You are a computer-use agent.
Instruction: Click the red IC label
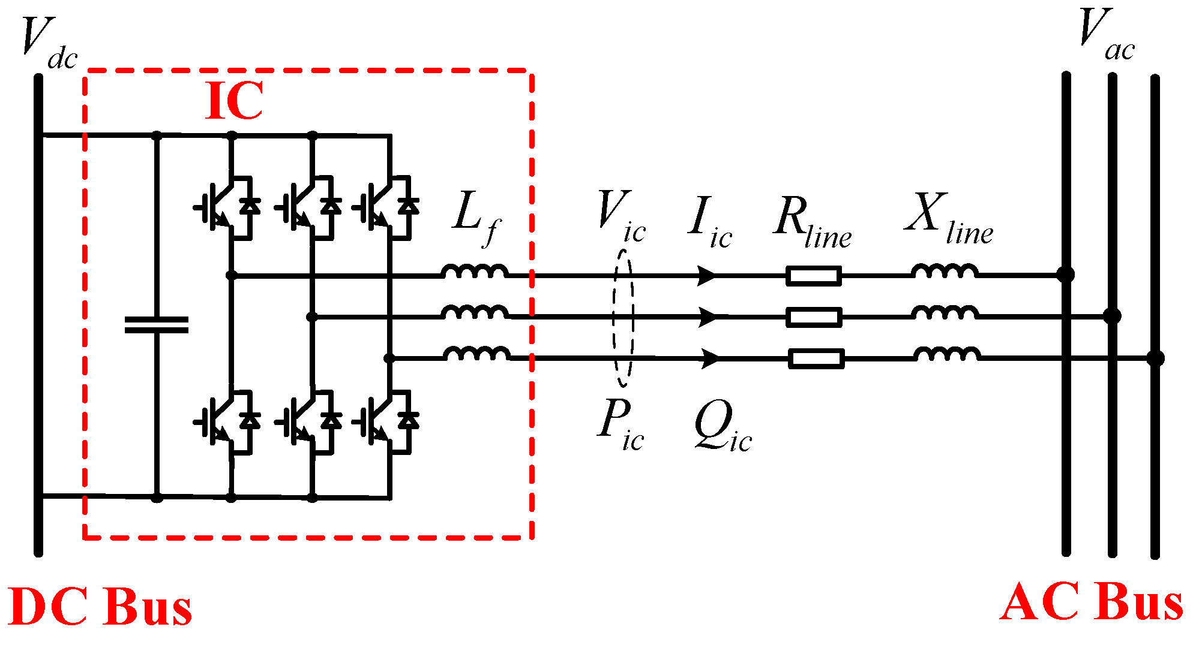coord(234,101)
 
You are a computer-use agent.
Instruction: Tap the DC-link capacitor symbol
coord(156,324)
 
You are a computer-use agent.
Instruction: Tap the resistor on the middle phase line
coord(814,317)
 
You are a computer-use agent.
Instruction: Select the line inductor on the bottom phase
coord(947,354)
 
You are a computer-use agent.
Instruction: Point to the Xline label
coord(948,219)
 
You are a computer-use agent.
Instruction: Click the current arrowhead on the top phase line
coord(708,276)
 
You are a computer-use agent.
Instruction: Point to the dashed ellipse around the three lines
coord(624,318)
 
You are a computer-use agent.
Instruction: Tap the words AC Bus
coord(1091,602)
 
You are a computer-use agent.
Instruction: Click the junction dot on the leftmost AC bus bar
coord(1066,275)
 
